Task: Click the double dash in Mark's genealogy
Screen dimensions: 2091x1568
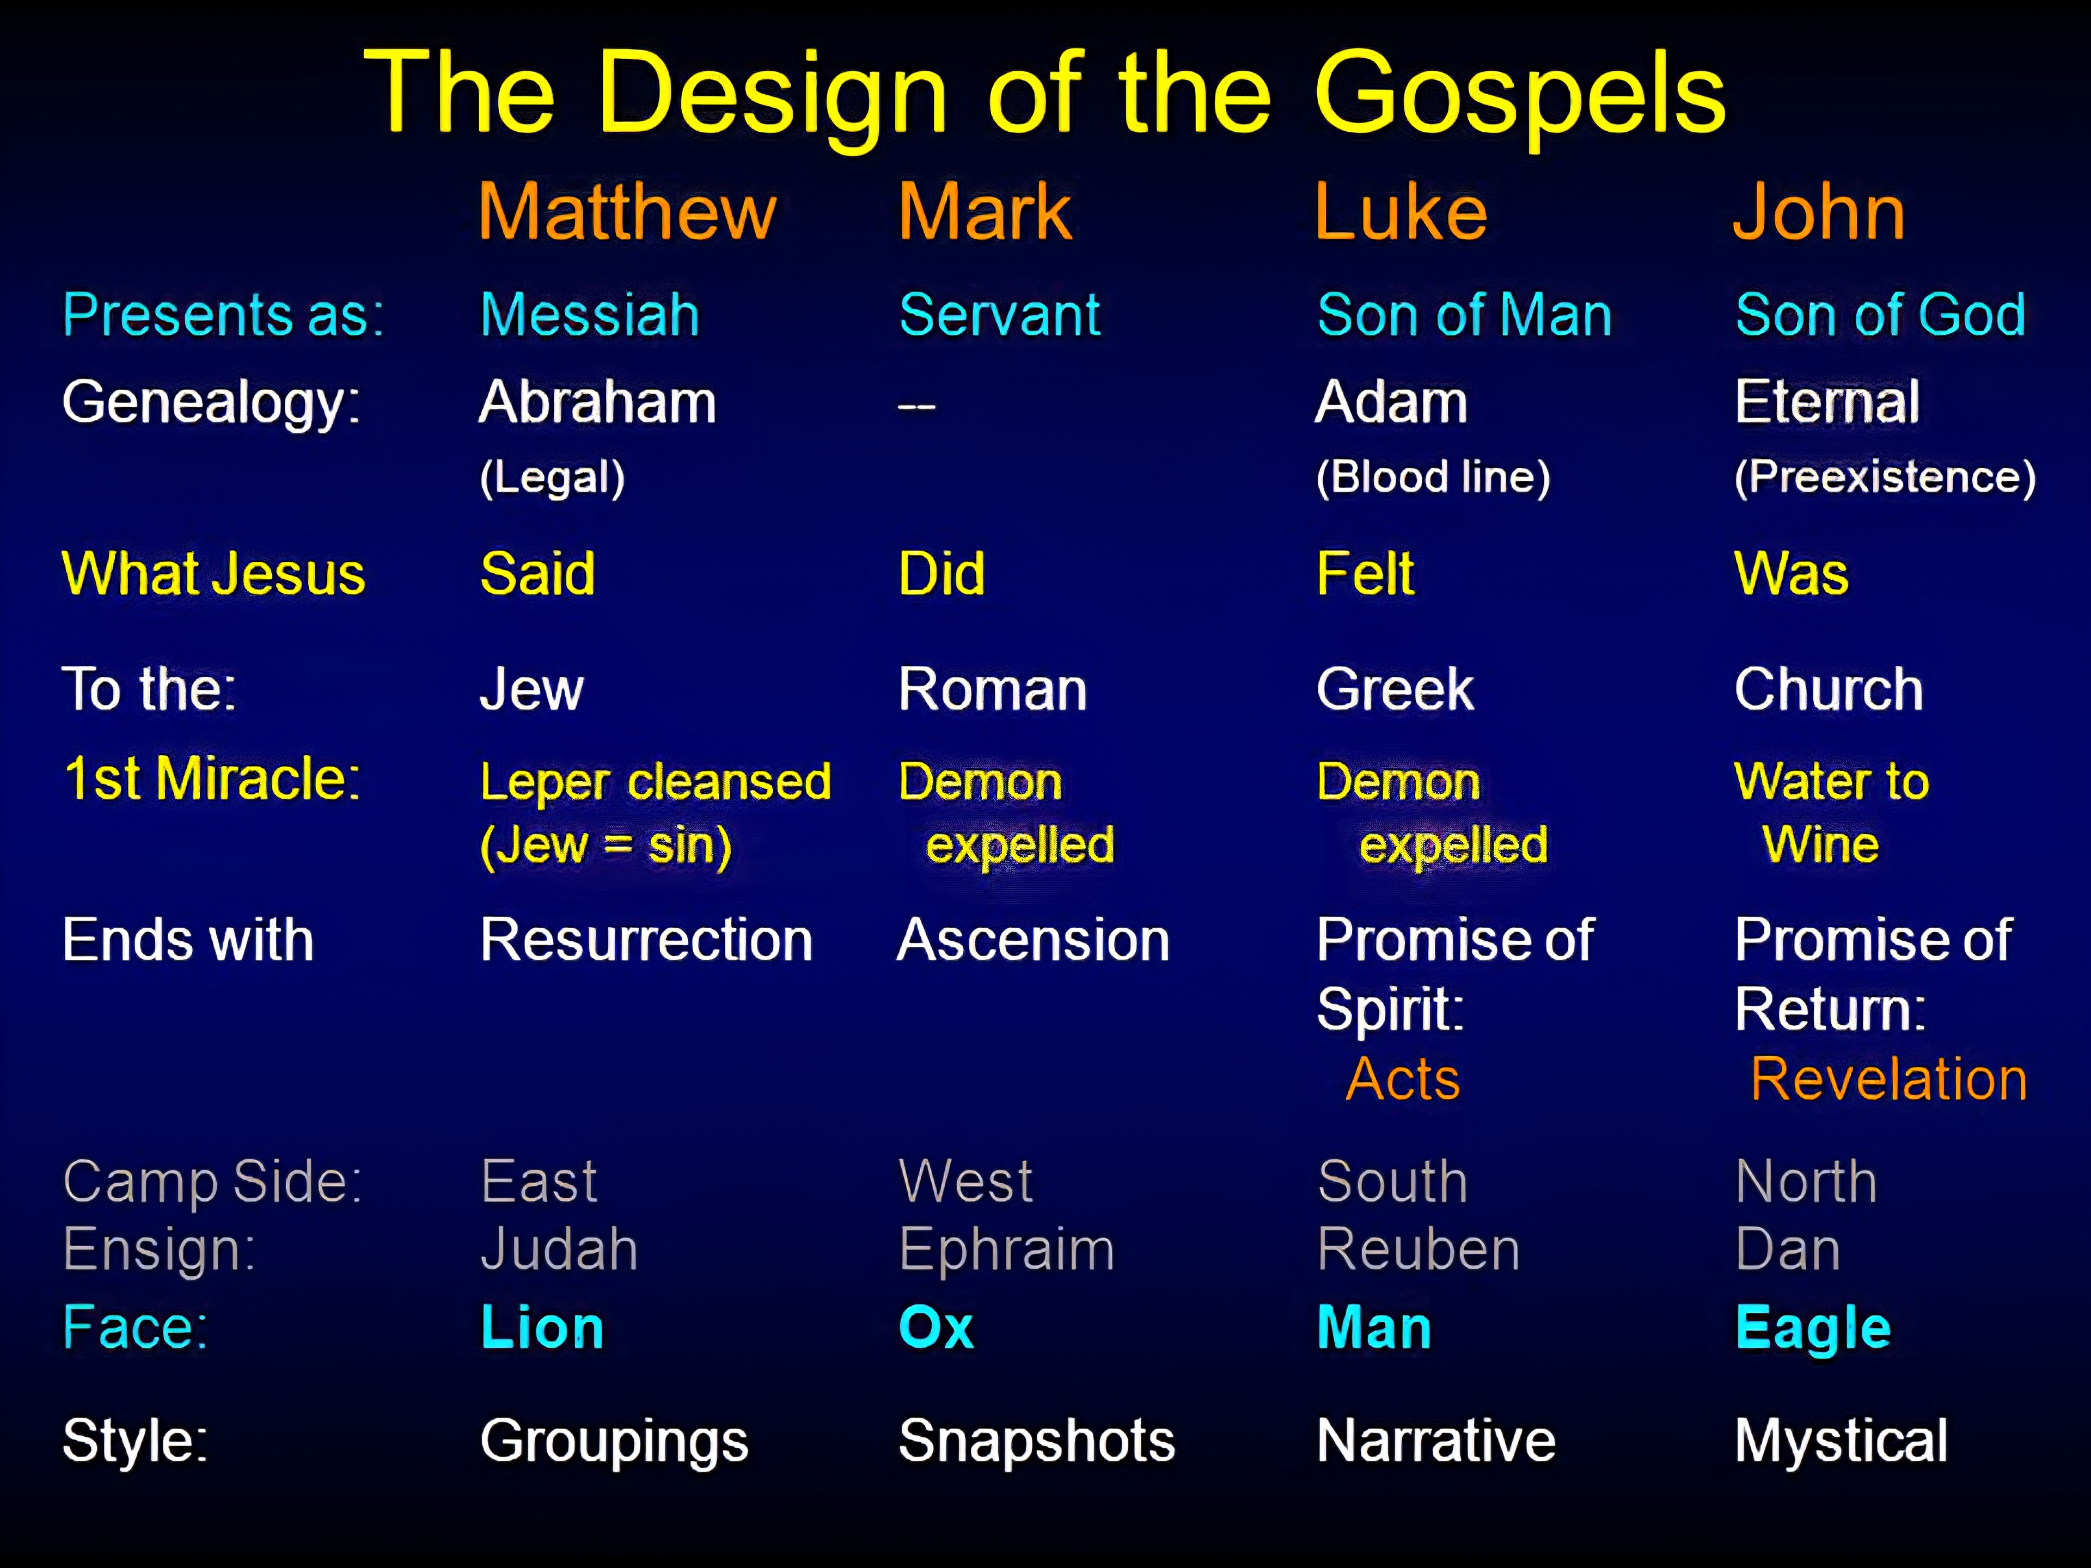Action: tap(916, 406)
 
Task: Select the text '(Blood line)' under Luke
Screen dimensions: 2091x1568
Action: tap(1433, 477)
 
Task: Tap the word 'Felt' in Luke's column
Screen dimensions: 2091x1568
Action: tap(1365, 574)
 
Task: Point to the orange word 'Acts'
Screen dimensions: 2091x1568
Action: tap(1403, 1079)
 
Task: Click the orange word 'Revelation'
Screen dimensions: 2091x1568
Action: tap(1888, 1079)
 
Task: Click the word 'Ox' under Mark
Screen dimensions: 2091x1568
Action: tap(936, 1327)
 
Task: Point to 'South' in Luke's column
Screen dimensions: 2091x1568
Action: tap(1392, 1181)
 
